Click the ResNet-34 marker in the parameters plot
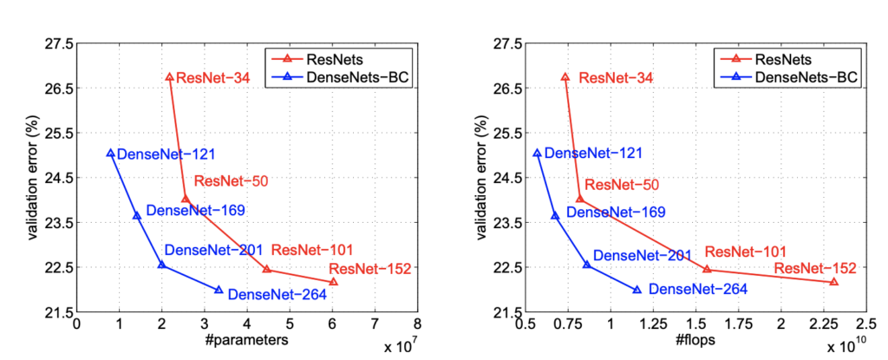(x=169, y=77)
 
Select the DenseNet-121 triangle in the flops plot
(x=537, y=154)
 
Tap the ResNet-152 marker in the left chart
(x=333, y=282)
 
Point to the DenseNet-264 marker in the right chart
(x=637, y=290)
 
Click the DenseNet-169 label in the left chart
(x=195, y=210)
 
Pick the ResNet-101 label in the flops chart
(x=746, y=252)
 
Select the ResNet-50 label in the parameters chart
(x=231, y=181)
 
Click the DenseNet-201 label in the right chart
(x=643, y=256)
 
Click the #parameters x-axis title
(x=247, y=341)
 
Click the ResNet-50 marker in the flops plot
(x=579, y=200)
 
